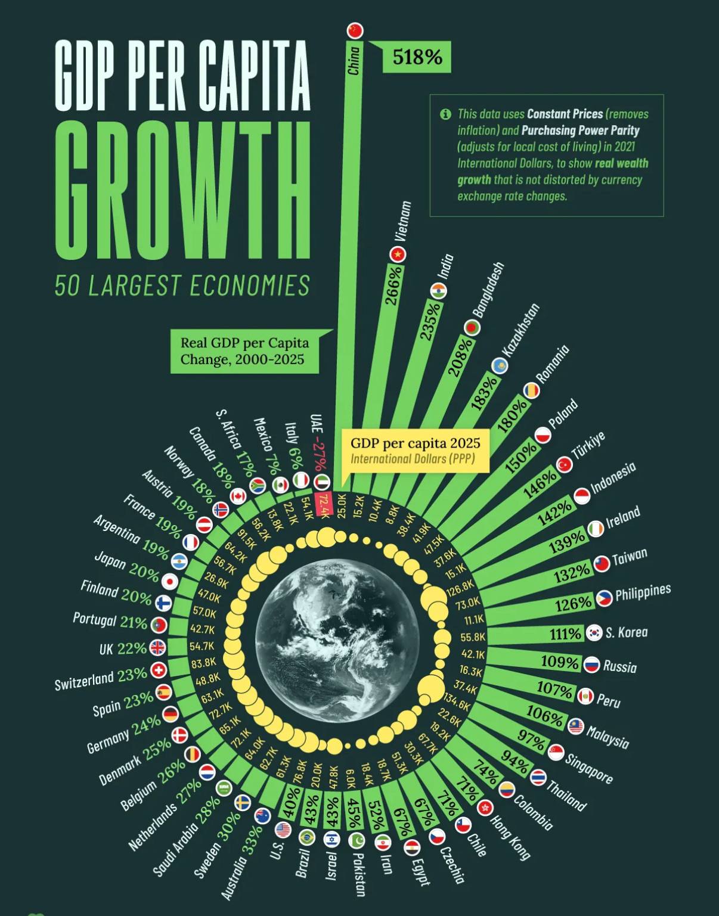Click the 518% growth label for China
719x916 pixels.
pyautogui.click(x=417, y=57)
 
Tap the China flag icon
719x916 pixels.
pyautogui.click(x=355, y=30)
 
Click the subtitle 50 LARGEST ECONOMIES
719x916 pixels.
pyautogui.click(x=182, y=285)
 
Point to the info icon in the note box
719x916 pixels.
pyautogui.click(x=445, y=114)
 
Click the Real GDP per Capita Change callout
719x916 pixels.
pyautogui.click(x=244, y=351)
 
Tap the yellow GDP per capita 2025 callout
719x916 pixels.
pyautogui.click(x=415, y=450)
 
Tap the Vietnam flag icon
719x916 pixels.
pyautogui.click(x=398, y=254)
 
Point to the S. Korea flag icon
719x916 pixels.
pyautogui.click(x=594, y=633)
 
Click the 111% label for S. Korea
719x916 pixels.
pyautogui.click(x=565, y=634)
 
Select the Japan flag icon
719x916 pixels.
pyautogui.click(x=170, y=581)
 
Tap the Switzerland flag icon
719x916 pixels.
pyautogui.click(x=158, y=670)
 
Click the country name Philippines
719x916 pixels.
pyautogui.click(x=643, y=593)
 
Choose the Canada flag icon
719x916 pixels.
pyautogui.click(x=238, y=496)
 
